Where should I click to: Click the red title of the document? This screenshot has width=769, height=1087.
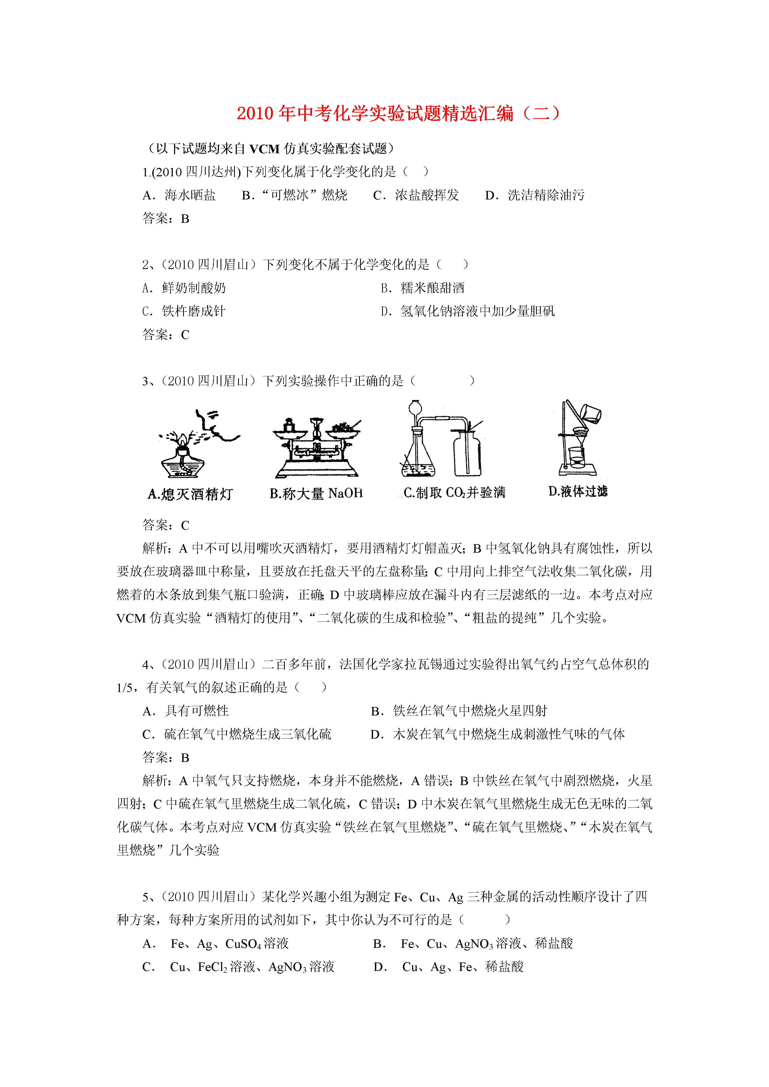[398, 114]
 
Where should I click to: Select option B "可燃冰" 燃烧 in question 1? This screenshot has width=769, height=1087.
[295, 195]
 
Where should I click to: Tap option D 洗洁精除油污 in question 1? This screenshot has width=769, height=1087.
[535, 195]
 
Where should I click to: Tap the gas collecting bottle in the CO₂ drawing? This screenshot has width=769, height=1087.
[467, 454]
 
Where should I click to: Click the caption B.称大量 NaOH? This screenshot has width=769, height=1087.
[316, 493]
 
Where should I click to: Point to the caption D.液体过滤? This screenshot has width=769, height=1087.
[578, 491]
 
